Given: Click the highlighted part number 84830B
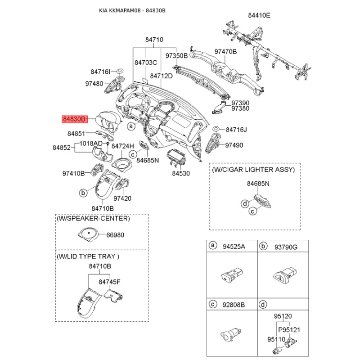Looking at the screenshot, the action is pyautogui.click(x=75, y=119).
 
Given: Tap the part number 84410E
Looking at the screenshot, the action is pyautogui.click(x=259, y=15).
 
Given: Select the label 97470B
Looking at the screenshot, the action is pyautogui.click(x=225, y=52).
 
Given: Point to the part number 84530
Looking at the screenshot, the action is pyautogui.click(x=181, y=173).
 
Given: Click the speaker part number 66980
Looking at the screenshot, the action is pyautogui.click(x=115, y=235).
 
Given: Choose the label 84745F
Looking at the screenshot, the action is pyautogui.click(x=109, y=282).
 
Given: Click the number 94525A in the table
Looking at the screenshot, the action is pyautogui.click(x=234, y=247).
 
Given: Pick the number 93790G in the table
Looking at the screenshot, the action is pyautogui.click(x=286, y=247).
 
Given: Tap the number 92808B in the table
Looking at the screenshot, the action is pyautogui.click(x=234, y=305).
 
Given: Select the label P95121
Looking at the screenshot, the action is pyautogui.click(x=289, y=330).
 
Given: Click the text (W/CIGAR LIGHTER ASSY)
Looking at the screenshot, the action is pyautogui.click(x=253, y=170).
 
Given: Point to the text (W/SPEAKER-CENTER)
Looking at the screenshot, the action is pyautogui.click(x=93, y=218).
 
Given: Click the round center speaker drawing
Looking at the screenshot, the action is pyautogui.click(x=88, y=234).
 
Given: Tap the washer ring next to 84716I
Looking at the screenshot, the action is pyautogui.click(x=120, y=71).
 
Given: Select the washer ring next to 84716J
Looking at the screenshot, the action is pyautogui.click(x=216, y=128).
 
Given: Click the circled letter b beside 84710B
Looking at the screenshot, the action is pyautogui.click(x=83, y=193).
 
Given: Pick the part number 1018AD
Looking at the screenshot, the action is pyautogui.click(x=91, y=144).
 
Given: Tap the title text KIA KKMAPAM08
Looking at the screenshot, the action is pyautogui.click(x=120, y=10).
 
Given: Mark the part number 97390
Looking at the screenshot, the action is pyautogui.click(x=240, y=103).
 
